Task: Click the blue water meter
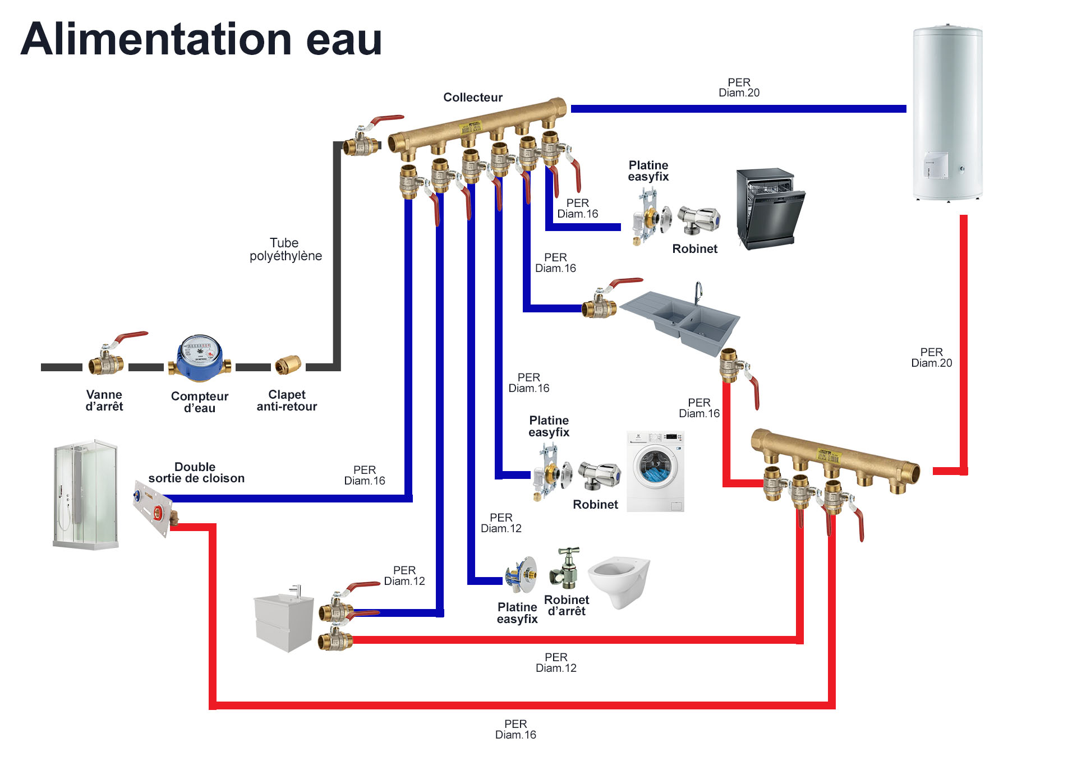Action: pyautogui.click(x=199, y=358)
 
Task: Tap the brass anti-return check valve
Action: pyautogui.click(x=288, y=365)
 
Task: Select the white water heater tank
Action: pyautogui.click(x=947, y=112)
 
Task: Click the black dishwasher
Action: pyautogui.click(x=770, y=207)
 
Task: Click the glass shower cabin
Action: pyautogui.click(x=86, y=494)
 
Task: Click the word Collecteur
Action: pyautogui.click(x=473, y=98)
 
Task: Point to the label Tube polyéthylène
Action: pyautogui.click(x=286, y=250)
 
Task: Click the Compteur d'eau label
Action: pyautogui.click(x=200, y=402)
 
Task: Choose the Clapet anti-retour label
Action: pyautogui.click(x=287, y=400)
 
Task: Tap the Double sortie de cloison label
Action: pyautogui.click(x=196, y=473)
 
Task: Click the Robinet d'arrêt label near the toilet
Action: pyautogui.click(x=567, y=606)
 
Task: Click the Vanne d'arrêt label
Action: pyautogui.click(x=104, y=400)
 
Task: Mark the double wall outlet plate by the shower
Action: pyautogui.click(x=153, y=507)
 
